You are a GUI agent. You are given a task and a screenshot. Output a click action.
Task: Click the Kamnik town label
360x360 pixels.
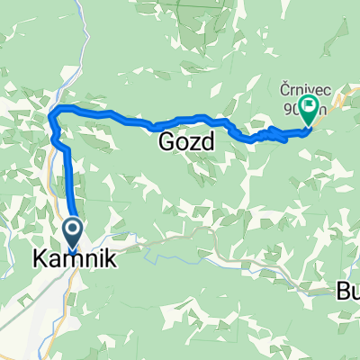(75, 259)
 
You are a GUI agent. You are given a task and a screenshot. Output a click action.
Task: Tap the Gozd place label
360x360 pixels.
(191, 141)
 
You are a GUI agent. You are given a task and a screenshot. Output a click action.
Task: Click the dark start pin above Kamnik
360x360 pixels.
(72, 232)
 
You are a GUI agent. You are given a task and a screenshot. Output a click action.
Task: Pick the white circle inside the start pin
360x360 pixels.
(72, 229)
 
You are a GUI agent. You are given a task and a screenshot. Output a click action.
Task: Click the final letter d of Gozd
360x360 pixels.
(213, 141)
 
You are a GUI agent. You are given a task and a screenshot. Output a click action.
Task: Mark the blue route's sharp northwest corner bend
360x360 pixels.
(53, 110)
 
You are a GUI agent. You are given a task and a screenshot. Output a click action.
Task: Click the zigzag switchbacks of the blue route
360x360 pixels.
(265, 135)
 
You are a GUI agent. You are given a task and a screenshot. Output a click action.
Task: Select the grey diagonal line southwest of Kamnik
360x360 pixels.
(22, 301)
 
